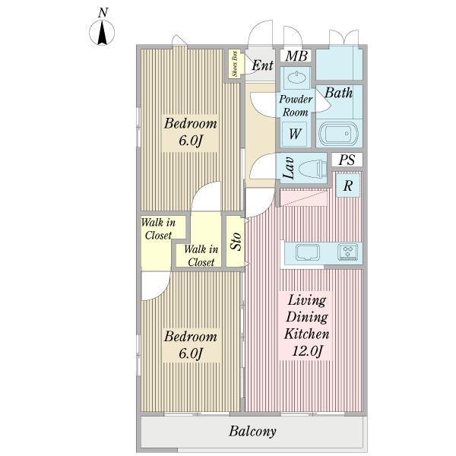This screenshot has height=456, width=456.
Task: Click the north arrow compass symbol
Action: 102,33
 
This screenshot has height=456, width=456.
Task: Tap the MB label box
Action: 296,55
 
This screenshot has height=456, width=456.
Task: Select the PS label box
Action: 347,160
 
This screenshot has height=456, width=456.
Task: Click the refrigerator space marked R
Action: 348,185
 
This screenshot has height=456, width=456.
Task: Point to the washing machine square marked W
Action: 295,134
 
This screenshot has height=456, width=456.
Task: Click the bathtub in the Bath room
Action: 338,134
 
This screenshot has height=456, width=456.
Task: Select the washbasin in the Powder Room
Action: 296,78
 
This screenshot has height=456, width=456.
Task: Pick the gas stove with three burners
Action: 348,252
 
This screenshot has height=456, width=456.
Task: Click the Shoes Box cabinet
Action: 234,64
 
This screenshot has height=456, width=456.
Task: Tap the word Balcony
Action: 252,431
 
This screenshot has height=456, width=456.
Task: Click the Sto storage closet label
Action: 236,242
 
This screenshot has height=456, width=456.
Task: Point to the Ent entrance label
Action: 262,65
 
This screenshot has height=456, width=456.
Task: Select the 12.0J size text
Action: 307,351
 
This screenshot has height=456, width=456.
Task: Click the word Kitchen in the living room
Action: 306,334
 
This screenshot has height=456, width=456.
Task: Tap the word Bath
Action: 338,93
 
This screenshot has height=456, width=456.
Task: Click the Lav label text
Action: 289,168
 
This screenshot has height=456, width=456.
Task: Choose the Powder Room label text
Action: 296,106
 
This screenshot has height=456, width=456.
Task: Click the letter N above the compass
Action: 103,12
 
